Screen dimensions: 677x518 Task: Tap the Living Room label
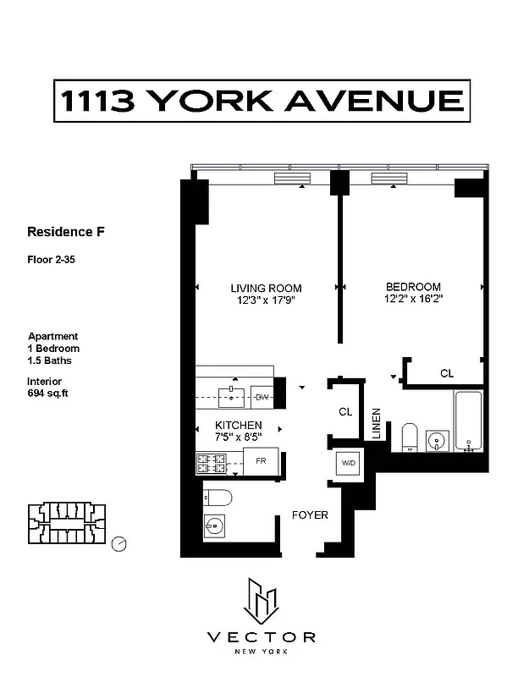(266, 288)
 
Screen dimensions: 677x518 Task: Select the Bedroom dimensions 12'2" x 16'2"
(413, 299)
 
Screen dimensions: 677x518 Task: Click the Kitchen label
(238, 425)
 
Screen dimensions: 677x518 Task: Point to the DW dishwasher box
(262, 396)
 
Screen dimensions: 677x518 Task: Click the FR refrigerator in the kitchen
(261, 462)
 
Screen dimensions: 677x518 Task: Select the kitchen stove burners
(212, 463)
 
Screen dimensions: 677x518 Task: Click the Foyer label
(310, 515)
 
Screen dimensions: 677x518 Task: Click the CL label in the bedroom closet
(447, 373)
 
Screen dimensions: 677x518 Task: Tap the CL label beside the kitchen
(344, 412)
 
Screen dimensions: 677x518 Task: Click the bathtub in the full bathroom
(467, 421)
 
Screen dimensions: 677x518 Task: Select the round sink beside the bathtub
(438, 440)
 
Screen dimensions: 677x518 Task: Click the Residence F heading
(66, 231)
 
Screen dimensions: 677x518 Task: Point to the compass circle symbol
(120, 543)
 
